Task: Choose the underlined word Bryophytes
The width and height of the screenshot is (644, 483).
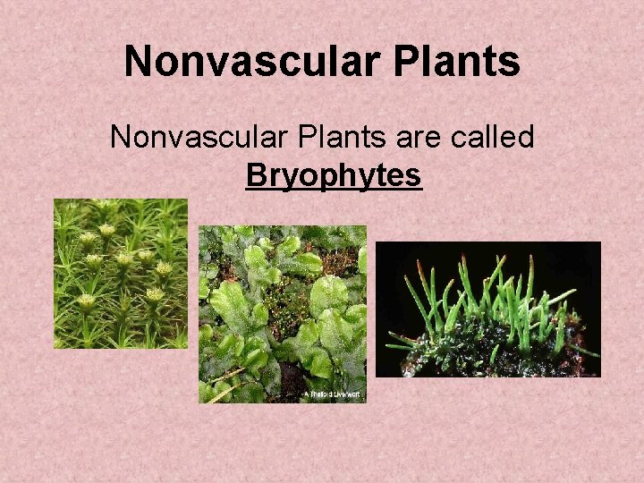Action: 333,175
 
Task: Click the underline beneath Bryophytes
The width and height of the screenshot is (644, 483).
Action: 333,189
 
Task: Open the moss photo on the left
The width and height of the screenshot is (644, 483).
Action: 120,273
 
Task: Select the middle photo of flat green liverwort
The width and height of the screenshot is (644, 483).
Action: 282,313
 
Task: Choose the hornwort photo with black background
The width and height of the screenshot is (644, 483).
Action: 487,309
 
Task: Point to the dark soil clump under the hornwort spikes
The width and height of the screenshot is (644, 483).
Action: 501,353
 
